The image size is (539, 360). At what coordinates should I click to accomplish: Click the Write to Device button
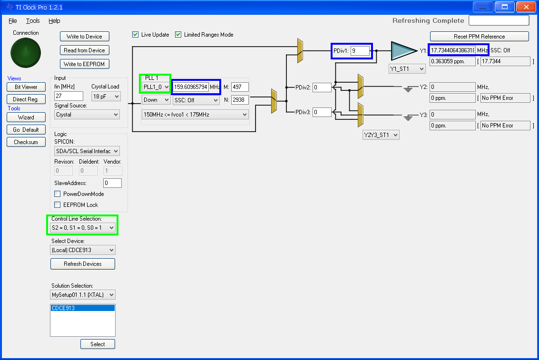(85, 37)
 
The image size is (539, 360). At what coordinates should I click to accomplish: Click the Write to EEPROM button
(85, 64)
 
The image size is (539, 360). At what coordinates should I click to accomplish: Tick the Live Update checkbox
(136, 35)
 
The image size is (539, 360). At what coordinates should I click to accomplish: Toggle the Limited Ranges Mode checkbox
(178, 35)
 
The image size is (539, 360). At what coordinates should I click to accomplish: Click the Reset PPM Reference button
(479, 37)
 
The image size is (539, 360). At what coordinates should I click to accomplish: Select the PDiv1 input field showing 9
(360, 51)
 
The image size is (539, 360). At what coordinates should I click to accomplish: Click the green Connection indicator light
(26, 53)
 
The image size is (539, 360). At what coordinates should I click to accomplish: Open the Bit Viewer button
(26, 87)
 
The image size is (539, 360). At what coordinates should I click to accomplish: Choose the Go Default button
(26, 129)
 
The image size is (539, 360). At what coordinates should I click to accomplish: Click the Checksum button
(26, 142)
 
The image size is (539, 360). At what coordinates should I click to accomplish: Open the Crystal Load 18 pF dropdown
(106, 97)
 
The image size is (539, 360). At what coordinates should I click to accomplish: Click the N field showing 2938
(240, 100)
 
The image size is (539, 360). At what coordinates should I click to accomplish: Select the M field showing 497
(240, 87)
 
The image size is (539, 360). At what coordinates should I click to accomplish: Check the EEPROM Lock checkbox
(58, 205)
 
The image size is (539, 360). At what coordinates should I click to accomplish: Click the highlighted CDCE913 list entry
(82, 308)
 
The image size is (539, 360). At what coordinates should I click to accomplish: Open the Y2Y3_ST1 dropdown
(381, 135)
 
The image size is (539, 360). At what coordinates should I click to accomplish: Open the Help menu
(54, 21)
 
